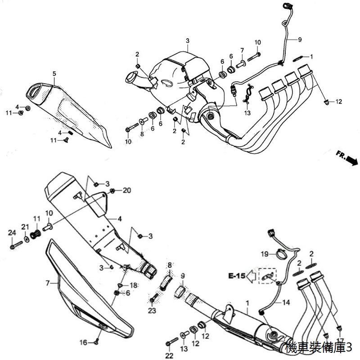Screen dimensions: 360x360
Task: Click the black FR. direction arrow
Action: pyautogui.click(x=352, y=160)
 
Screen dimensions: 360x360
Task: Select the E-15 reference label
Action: pyautogui.click(x=237, y=275)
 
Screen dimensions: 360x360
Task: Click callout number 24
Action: pyautogui.click(x=12, y=233)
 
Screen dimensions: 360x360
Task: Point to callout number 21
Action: pyautogui.click(x=25, y=227)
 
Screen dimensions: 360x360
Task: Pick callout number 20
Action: pyautogui.click(x=127, y=190)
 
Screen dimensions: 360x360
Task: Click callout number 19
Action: pyautogui.click(x=264, y=254)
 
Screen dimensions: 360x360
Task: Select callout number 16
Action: pyautogui.click(x=83, y=342)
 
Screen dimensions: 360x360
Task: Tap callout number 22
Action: pyautogui.click(x=169, y=356)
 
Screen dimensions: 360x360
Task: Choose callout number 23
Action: pyautogui.click(x=152, y=310)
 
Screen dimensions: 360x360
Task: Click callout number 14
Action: pyautogui.click(x=286, y=302)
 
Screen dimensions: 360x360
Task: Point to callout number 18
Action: pyautogui.click(x=134, y=285)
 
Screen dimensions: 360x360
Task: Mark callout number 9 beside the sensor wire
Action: pyautogui.click(x=300, y=40)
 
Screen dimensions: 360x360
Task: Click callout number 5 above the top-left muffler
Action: pyautogui.click(x=54, y=74)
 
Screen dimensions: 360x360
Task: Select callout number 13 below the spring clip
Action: pyautogui.click(x=247, y=113)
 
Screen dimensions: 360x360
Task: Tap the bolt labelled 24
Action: pyautogui.click(x=16, y=245)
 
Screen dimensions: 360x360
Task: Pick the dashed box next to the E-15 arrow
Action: pyautogui.click(x=267, y=276)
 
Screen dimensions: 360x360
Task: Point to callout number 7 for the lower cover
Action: pyautogui.click(x=48, y=283)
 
